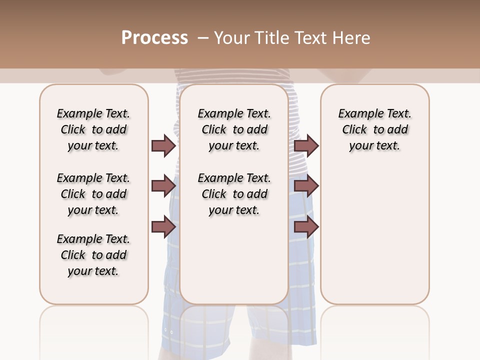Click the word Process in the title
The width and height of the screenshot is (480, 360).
pyautogui.click(x=154, y=38)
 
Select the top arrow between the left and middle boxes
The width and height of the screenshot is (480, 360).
pyautogui.click(x=163, y=146)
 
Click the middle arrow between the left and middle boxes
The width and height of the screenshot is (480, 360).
pyautogui.click(x=163, y=186)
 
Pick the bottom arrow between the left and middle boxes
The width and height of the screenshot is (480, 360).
pyautogui.click(x=163, y=227)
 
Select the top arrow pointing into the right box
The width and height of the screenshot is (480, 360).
pyautogui.click(x=306, y=146)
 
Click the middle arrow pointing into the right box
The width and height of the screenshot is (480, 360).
pyautogui.click(x=306, y=186)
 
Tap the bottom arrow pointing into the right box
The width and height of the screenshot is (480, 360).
pyautogui.click(x=306, y=227)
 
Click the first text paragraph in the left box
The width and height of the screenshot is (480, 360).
pyautogui.click(x=93, y=129)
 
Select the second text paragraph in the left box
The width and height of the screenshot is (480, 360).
pyautogui.click(x=93, y=194)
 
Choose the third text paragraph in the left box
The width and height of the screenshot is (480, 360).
pyautogui.click(x=93, y=255)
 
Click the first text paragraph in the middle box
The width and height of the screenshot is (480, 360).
pyautogui.click(x=234, y=129)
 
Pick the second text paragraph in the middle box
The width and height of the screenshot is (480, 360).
pyautogui.click(x=234, y=194)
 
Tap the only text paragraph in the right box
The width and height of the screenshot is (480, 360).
pyautogui.click(x=374, y=129)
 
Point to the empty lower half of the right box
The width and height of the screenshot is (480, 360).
pyautogui.click(x=374, y=240)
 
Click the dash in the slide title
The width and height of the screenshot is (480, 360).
pyautogui.click(x=203, y=38)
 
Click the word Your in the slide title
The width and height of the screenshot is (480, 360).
pyautogui.click(x=231, y=38)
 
